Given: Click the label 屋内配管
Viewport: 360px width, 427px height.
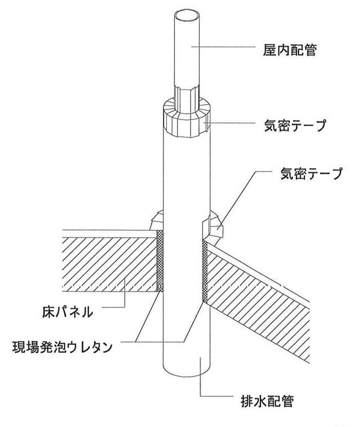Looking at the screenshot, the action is [x=289, y=51].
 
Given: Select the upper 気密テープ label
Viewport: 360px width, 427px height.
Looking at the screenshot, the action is [x=295, y=125].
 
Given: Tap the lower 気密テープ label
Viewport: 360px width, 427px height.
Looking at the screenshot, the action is [x=311, y=173].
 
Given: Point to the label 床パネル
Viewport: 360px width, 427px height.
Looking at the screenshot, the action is [x=67, y=312].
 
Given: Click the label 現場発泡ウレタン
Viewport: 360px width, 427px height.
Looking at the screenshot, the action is [x=62, y=347].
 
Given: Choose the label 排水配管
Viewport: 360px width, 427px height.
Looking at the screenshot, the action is [x=267, y=400].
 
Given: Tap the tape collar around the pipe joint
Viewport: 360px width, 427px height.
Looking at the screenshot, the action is [x=186, y=117].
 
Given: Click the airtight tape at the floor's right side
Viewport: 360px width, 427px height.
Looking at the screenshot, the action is [x=212, y=228].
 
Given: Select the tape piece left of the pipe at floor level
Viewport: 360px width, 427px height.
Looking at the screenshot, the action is [x=156, y=220].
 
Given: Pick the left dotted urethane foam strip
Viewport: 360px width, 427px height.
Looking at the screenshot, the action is [x=160, y=261].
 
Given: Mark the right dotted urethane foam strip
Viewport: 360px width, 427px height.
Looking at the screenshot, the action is [x=204, y=272].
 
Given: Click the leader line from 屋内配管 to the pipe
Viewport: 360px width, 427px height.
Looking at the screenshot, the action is [x=223, y=47].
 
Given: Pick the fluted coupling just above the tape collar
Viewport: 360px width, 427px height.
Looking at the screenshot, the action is [x=186, y=99].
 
